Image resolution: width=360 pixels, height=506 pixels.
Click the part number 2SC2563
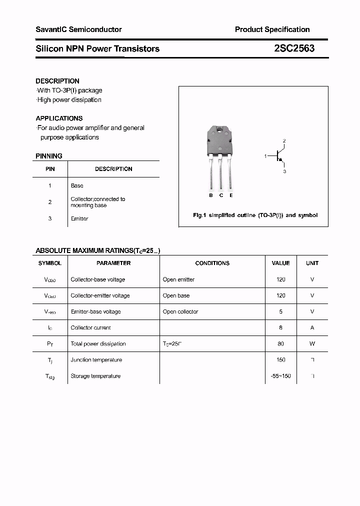point(294,48)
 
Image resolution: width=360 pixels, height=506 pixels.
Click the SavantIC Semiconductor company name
point(78,29)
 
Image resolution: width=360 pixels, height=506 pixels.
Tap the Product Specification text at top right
point(272,29)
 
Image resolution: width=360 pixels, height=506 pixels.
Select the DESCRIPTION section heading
point(57,81)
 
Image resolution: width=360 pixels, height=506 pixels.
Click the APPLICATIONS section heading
point(59,118)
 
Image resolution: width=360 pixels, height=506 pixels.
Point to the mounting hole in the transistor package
point(220,131)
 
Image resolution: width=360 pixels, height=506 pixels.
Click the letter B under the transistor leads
point(211,195)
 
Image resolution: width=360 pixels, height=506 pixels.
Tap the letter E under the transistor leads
point(231,195)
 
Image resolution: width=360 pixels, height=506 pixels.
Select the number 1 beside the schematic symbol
point(265,156)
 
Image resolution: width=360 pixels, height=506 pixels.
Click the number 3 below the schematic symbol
point(284,171)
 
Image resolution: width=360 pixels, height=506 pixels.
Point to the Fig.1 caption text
point(255,215)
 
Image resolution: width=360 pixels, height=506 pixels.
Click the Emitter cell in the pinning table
point(79,219)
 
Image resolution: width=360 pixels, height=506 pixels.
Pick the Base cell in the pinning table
point(77,185)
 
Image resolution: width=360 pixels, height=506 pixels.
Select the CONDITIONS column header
point(212,263)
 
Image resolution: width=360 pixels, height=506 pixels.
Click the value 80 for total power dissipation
point(280,344)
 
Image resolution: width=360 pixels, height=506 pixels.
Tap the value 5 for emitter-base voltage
point(280,311)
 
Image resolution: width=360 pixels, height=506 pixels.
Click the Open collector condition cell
point(180,311)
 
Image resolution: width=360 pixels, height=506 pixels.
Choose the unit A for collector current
point(312,328)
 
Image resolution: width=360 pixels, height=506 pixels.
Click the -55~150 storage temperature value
point(280,376)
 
